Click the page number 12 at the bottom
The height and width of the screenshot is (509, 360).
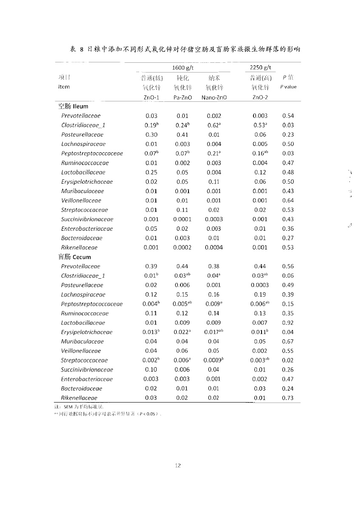point(178,465)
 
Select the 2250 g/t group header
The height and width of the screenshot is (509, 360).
point(260,68)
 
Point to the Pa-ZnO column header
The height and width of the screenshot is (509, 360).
point(183,97)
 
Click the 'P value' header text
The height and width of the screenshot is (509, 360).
point(288,87)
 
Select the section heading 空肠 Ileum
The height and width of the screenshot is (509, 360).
point(73,106)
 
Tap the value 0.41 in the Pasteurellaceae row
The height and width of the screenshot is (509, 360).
point(182,134)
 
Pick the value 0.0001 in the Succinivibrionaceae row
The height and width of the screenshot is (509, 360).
point(182,219)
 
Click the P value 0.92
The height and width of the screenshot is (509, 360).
point(288,323)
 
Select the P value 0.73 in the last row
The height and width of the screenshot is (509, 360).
point(288,398)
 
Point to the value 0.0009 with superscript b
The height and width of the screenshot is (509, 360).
point(213,360)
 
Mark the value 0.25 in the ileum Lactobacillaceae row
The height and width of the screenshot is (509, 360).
point(151,172)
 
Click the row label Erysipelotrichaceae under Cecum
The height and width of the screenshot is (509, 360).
point(87,332)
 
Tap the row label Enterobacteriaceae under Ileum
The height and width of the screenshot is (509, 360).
point(87,229)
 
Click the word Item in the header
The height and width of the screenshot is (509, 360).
point(64,87)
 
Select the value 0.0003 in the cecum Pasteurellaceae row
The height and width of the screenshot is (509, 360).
point(259,285)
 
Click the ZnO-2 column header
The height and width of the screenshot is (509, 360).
point(260,97)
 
